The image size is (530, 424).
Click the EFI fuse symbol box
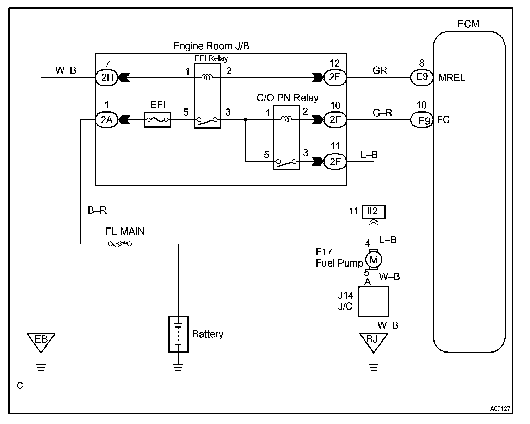[x=158, y=120]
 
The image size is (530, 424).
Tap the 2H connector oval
[x=107, y=77]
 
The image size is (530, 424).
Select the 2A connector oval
[x=107, y=120]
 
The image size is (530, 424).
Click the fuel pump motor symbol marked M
[x=374, y=260]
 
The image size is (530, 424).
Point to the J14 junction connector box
[x=374, y=301]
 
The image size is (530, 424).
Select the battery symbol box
[x=178, y=334]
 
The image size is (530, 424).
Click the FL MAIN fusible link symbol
[x=120, y=244]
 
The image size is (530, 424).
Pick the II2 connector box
[x=374, y=212]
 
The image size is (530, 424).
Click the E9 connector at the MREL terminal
[x=421, y=77]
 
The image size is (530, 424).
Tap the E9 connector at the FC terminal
[x=421, y=120]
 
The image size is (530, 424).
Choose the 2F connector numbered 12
[x=335, y=77]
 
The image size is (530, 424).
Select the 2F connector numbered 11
[x=335, y=162]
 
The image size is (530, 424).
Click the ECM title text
[x=468, y=24]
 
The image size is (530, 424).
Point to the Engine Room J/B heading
[x=211, y=46]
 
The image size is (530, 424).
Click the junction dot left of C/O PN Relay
[x=245, y=120]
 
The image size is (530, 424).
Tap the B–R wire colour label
[x=97, y=210]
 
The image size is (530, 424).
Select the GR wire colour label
[x=380, y=70]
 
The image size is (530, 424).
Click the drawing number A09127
[x=500, y=409]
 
